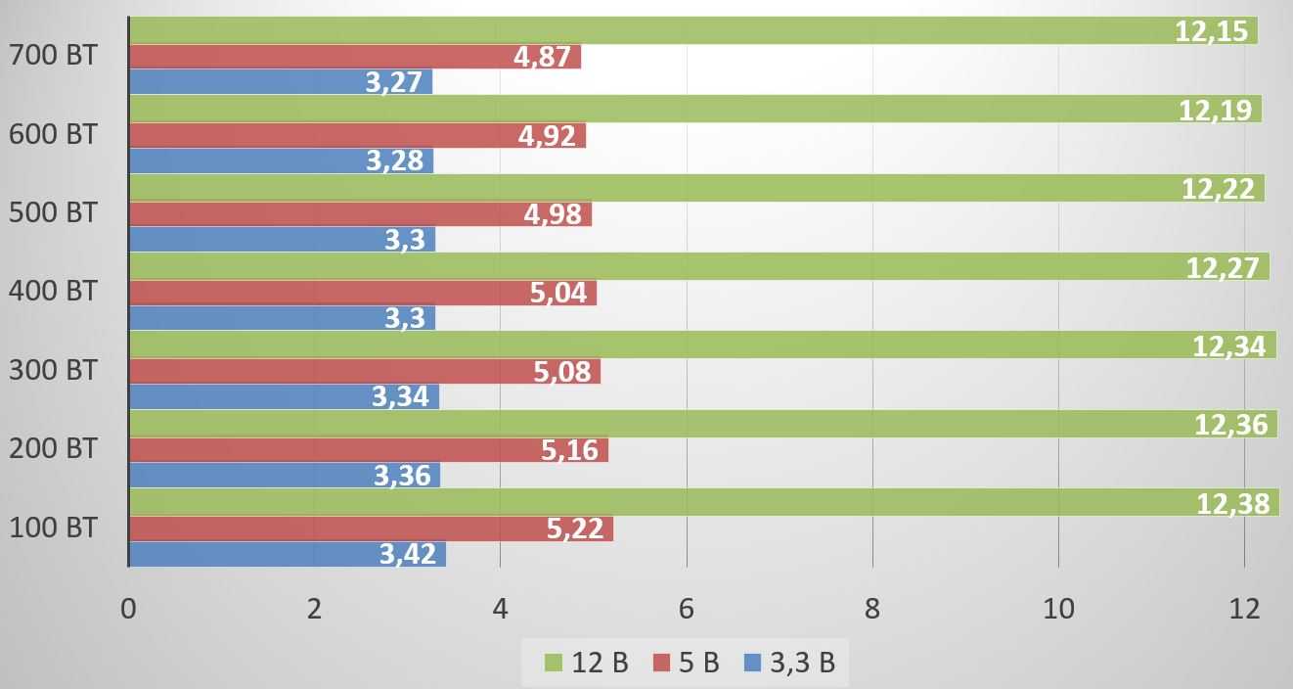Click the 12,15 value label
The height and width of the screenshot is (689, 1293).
[1212, 31]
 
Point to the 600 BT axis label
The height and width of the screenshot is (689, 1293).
[53, 134]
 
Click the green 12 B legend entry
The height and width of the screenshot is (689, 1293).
[587, 664]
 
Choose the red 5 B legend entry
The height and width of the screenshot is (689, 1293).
[684, 664]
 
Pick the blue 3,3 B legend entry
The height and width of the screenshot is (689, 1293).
[789, 664]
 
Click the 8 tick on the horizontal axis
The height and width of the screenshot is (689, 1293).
[872, 609]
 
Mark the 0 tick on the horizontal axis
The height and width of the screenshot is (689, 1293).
[128, 609]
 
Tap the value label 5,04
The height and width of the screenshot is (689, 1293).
[557, 293]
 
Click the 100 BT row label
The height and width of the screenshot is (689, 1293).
[53, 528]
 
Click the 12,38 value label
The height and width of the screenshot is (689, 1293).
[1232, 503]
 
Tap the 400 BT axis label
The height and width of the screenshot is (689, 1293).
[53, 291]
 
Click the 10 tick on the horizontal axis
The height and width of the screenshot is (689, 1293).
[1058, 609]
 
